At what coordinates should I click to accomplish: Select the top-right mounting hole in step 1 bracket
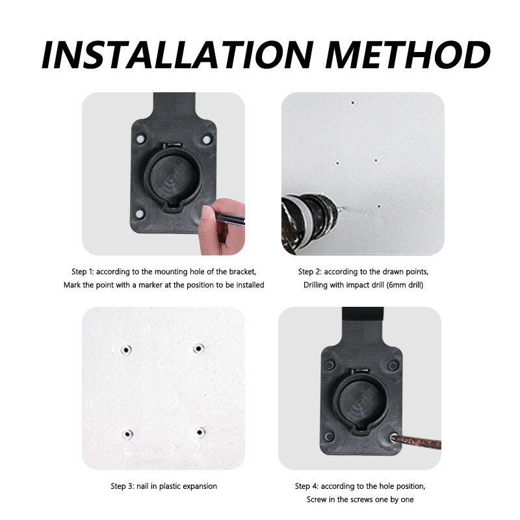207,139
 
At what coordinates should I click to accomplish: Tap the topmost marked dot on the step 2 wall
352,103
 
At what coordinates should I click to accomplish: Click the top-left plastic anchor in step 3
126,349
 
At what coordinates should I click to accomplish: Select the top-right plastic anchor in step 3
198,348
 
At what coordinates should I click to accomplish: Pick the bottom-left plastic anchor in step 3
127,433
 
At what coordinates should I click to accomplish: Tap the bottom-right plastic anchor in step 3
200,432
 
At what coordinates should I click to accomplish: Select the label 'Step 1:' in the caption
84,271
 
